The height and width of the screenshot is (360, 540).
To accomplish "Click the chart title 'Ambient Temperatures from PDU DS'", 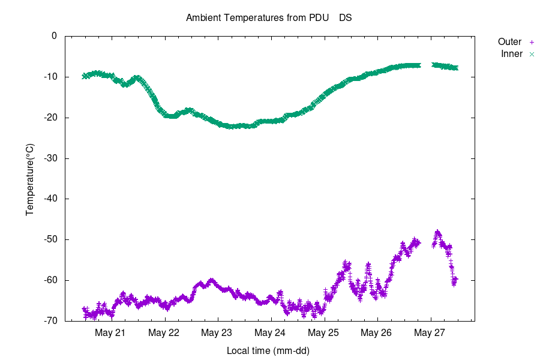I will (x=269, y=17).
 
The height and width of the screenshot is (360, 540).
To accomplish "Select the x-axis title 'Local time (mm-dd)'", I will (x=268, y=350).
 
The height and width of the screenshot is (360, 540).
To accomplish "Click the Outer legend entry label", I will (x=509, y=42).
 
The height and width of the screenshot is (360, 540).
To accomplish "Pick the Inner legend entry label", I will (x=511, y=54).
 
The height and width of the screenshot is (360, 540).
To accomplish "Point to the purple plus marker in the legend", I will (x=531, y=42).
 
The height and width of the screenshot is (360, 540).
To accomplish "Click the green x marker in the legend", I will (x=531, y=54).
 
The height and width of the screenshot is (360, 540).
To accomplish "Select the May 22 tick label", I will (x=164, y=332).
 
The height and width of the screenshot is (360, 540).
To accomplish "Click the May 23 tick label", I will (x=217, y=332).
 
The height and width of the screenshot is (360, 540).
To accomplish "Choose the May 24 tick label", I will (x=271, y=332).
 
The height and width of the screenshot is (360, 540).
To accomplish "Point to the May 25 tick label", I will (x=324, y=332).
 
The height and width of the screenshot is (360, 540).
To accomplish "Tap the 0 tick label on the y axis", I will (x=54, y=36).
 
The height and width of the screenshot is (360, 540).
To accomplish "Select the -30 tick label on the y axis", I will (x=49, y=158).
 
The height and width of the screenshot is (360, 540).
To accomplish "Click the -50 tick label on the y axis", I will (x=49, y=239).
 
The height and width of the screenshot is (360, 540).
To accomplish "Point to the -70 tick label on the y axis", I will (x=49, y=321).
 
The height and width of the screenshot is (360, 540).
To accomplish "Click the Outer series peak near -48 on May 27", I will (x=437, y=232).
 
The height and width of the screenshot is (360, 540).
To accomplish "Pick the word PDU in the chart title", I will (x=319, y=17).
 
